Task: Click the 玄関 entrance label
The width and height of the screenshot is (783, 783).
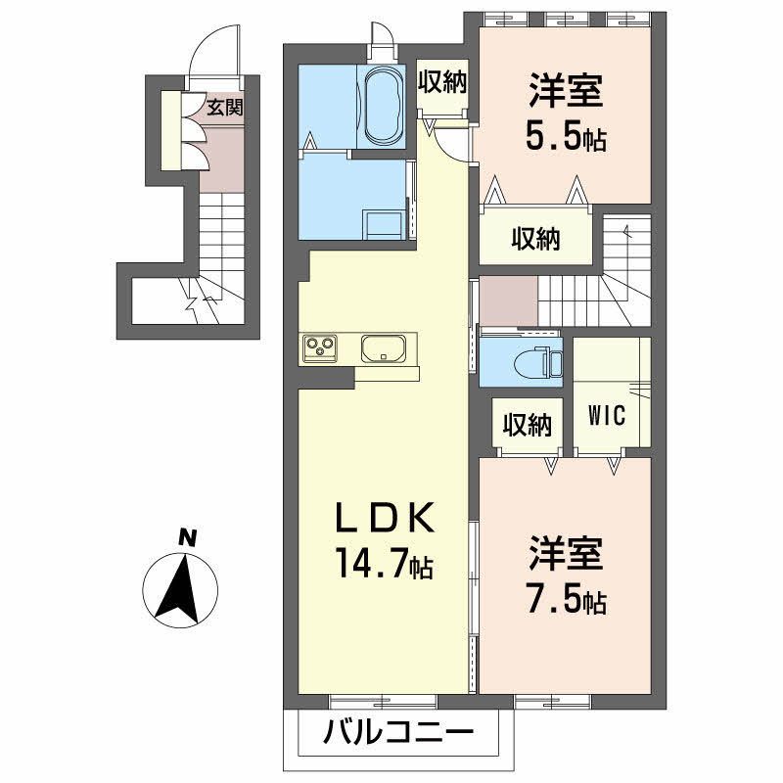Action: [224, 108]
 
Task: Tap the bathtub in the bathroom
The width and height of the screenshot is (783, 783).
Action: [382, 106]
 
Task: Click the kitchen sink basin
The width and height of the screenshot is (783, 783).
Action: [385, 348]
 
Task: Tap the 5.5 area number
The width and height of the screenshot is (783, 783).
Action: [552, 137]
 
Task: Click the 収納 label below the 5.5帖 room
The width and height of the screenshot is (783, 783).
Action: [535, 238]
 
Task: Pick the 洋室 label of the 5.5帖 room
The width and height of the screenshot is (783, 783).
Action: [566, 93]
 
